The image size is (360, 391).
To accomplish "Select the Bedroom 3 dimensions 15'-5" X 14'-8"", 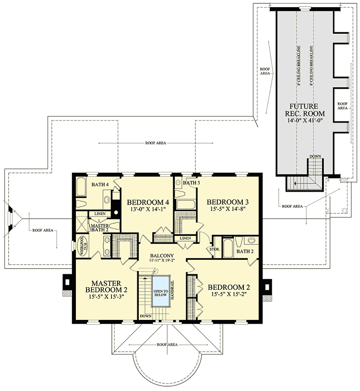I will [226, 209].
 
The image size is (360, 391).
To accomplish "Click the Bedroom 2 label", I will [229, 288].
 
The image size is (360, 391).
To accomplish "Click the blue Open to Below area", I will [160, 291].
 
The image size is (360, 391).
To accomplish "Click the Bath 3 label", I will [191, 183].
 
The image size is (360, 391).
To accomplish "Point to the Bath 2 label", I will [244, 251].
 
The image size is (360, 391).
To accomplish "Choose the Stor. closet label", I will [215, 249].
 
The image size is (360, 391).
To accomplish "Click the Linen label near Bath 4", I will [100, 213].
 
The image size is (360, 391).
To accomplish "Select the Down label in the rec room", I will [315, 157].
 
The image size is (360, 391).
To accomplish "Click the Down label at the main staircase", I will [145, 316].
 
